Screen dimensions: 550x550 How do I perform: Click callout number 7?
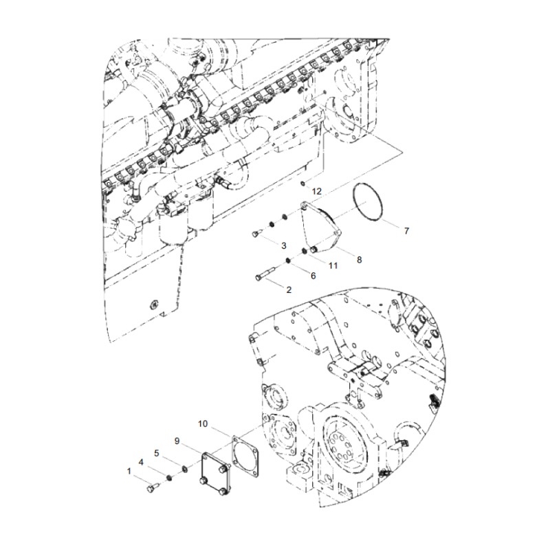pos(406,231)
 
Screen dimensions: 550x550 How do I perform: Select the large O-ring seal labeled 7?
pos(368,203)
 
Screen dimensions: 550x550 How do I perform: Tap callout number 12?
pos(317,190)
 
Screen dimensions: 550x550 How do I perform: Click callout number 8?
pos(359,259)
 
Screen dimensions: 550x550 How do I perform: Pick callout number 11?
pos(332,265)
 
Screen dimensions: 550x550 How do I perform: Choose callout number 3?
pos(283,245)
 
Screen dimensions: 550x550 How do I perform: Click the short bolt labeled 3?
pos(257,234)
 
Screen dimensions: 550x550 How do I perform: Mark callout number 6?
pos(313,276)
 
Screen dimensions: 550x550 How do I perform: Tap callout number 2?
pos(289,289)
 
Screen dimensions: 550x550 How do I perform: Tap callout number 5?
pos(157,453)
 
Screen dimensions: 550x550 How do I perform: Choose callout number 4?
pos(141,462)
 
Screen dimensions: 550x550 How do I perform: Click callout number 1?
pos(128,471)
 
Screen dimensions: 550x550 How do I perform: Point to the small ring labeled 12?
pos(302,184)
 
